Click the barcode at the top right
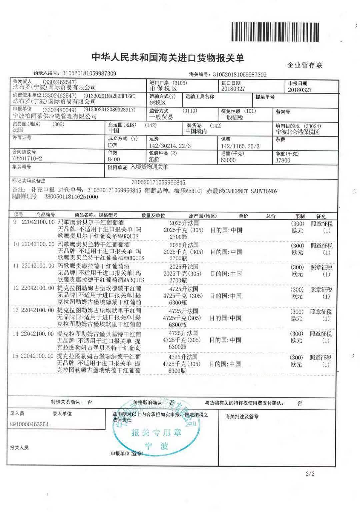pos(275,32)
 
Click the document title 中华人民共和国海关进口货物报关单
pos(168,58)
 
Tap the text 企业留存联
pos(305,65)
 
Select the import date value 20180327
pos(233,89)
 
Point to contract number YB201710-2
pos(27,158)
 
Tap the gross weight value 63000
pos(228,160)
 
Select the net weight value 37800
pos(283,160)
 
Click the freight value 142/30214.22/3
pos(170,146)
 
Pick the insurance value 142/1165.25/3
pos(240,146)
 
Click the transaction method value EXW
pos(113,145)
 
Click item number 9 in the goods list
pos(15,222)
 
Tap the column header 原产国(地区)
pos(203,216)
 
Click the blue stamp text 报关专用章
pos(156,433)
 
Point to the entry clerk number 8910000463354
pos(29,424)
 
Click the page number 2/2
pos(310,473)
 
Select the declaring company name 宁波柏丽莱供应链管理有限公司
pos(54,116)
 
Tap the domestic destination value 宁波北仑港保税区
pos(297,132)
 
